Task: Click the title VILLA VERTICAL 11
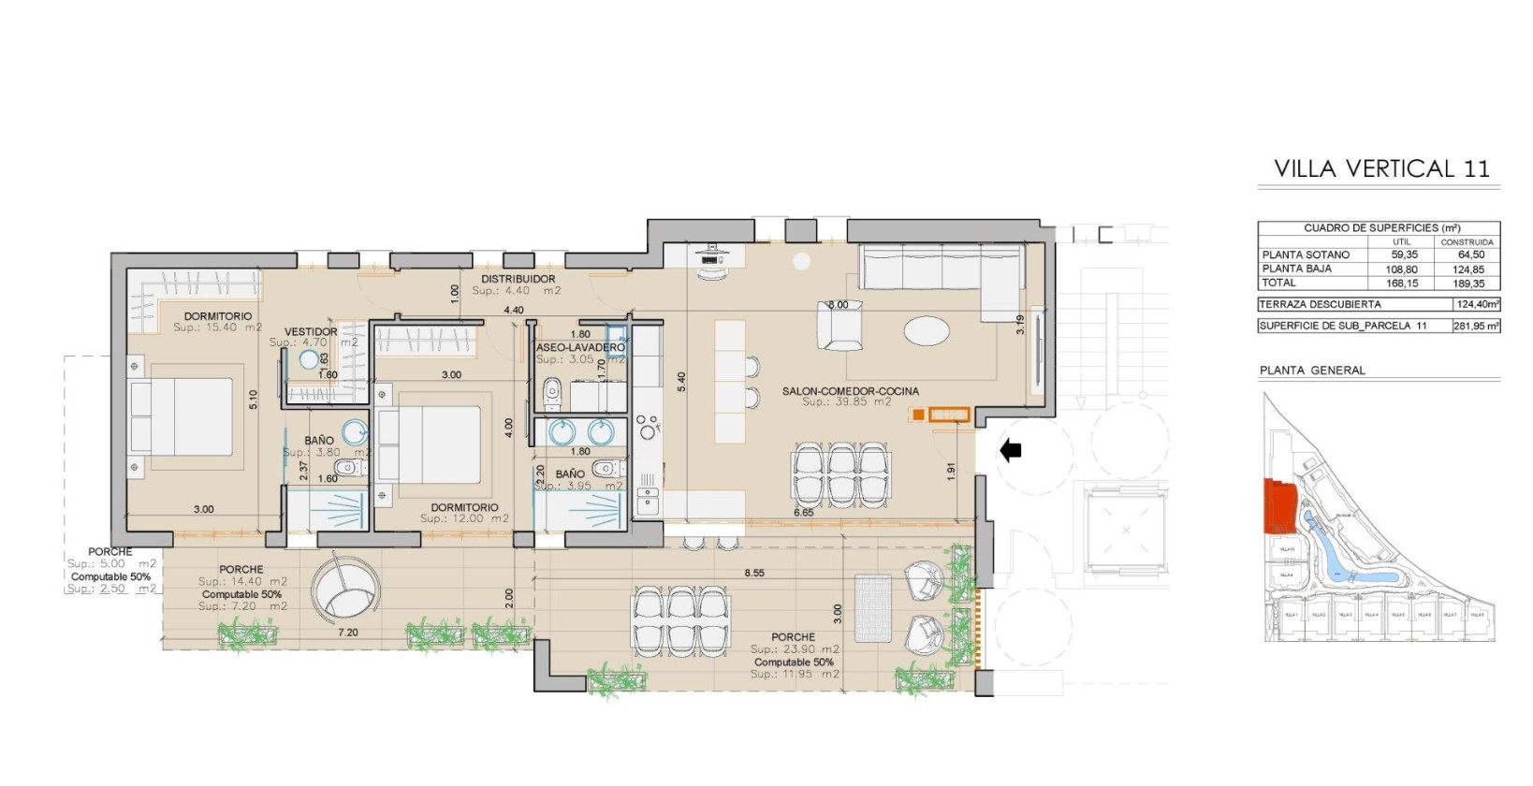(x=1380, y=168)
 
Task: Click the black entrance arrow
(x=1011, y=451)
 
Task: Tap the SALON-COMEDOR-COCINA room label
(x=850, y=391)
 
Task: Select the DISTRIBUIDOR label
(x=518, y=279)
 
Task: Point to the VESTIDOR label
(x=311, y=332)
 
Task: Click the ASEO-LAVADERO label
(x=580, y=347)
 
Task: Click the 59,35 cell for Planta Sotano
(x=1404, y=255)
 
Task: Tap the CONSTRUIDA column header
(x=1467, y=241)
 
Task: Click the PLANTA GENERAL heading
(x=1312, y=371)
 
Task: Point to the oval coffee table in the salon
(x=927, y=330)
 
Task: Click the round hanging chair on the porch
(x=347, y=589)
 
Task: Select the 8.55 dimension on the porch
(x=754, y=573)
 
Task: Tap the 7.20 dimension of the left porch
(x=347, y=633)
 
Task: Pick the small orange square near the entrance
(x=919, y=415)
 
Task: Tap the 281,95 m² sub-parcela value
(x=1477, y=326)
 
